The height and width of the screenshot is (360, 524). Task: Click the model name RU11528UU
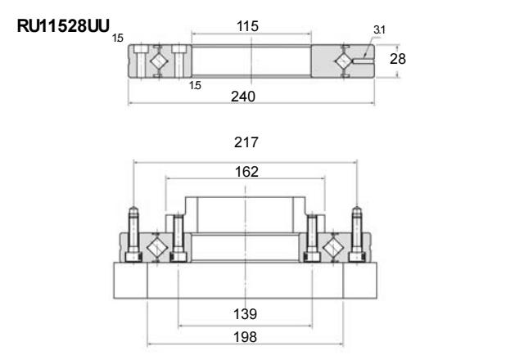(x=63, y=25)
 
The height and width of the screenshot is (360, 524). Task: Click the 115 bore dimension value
(x=247, y=26)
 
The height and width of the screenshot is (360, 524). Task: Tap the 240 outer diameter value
(x=243, y=97)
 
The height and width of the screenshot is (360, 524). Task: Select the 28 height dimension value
(x=398, y=59)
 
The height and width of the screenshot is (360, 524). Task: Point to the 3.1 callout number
(x=379, y=30)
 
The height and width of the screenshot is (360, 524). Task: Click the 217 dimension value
(x=246, y=142)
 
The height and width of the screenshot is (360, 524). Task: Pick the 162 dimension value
(x=246, y=172)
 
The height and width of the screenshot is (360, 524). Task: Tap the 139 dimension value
(x=246, y=314)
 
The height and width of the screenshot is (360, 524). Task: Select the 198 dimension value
(x=246, y=337)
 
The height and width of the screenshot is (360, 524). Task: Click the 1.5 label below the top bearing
(x=195, y=85)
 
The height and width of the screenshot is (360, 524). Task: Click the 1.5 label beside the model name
(x=118, y=38)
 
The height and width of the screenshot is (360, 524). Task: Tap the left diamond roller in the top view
(x=157, y=61)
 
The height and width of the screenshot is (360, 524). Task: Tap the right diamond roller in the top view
(x=344, y=61)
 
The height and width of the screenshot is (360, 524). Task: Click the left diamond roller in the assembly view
(x=156, y=247)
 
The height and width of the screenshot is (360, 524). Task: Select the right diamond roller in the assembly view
(x=333, y=247)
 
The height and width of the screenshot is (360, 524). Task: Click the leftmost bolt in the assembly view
(x=133, y=234)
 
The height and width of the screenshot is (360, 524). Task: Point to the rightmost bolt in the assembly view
(x=357, y=234)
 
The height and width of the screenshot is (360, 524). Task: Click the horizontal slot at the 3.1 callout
(x=364, y=61)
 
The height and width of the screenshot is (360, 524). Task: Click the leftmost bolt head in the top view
(x=142, y=49)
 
